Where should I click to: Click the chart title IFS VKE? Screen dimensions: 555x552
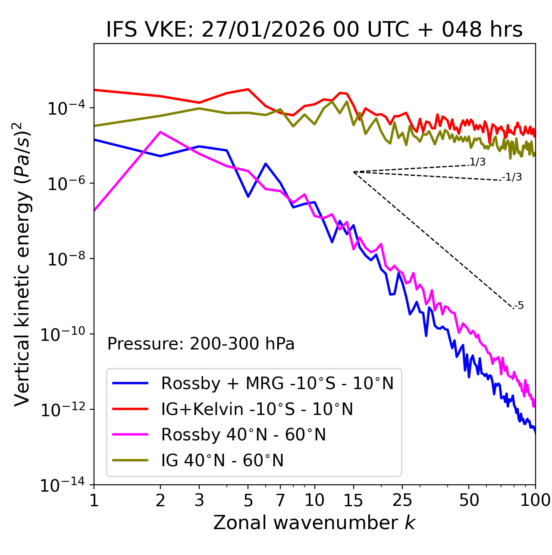tap(314, 30)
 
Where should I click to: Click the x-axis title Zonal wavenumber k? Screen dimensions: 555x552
tap(314, 523)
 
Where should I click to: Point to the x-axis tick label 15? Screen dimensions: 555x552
tap(353, 500)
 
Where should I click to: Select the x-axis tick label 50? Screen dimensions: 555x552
tap(469, 500)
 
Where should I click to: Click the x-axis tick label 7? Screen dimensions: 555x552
tap(280, 500)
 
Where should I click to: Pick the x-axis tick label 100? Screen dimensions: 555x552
tap(535, 500)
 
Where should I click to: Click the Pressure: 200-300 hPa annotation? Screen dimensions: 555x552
tap(201, 344)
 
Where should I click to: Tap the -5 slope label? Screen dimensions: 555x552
tap(519, 306)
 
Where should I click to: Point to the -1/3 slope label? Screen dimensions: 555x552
tap(512, 177)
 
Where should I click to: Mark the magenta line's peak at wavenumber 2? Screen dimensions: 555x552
tap(160, 132)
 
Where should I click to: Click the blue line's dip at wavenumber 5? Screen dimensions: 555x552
tap(248, 196)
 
